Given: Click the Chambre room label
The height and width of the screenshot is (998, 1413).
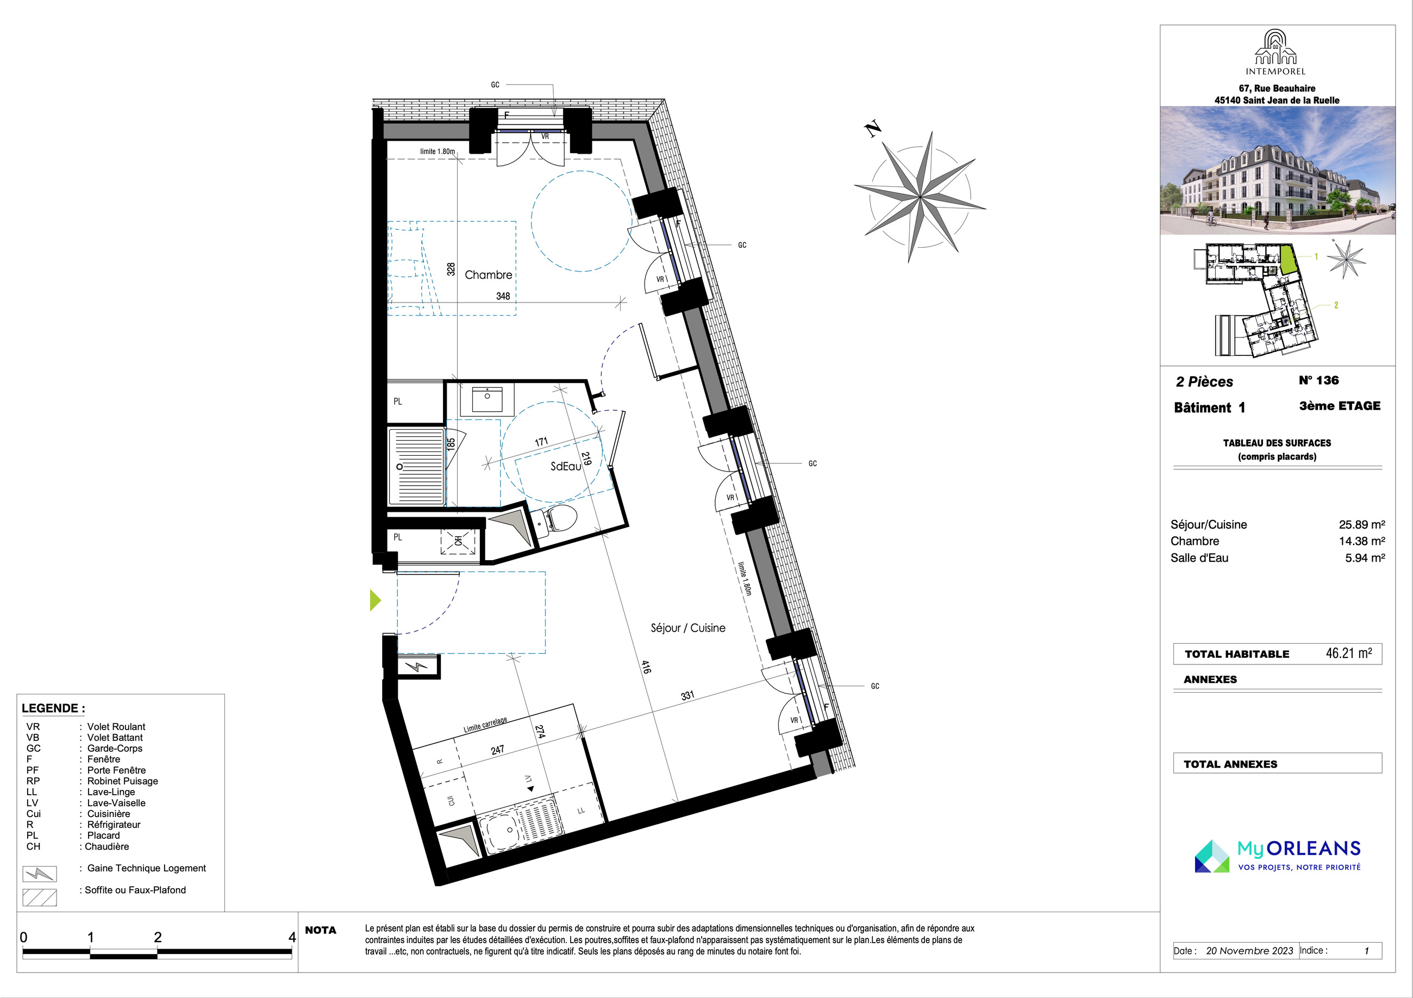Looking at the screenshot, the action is pyautogui.click(x=488, y=275).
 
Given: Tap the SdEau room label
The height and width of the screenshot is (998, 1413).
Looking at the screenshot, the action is pyautogui.click(x=566, y=466).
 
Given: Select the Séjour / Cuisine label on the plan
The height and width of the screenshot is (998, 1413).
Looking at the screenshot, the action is pyautogui.click(x=688, y=628).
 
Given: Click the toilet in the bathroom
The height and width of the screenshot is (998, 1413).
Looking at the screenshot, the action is pyautogui.click(x=557, y=519).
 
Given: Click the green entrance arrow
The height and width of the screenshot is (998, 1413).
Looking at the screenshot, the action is pyautogui.click(x=375, y=600).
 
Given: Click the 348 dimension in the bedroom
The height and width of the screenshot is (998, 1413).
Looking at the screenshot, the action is pyautogui.click(x=503, y=296).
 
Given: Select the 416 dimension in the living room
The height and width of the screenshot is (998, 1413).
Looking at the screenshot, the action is pyautogui.click(x=646, y=667).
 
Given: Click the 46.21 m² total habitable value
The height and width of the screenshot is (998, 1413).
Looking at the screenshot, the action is pyautogui.click(x=1348, y=653).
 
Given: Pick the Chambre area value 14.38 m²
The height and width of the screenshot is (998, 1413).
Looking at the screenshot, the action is pyautogui.click(x=1362, y=541).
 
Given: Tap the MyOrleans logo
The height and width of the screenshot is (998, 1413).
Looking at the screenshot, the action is pyautogui.click(x=1278, y=856).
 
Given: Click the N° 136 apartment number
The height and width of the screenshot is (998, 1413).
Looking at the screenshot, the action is pyautogui.click(x=1319, y=380).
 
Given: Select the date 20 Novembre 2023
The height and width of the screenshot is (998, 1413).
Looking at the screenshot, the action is pyautogui.click(x=1249, y=951).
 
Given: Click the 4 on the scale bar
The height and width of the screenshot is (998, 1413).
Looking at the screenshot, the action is pyautogui.click(x=292, y=937).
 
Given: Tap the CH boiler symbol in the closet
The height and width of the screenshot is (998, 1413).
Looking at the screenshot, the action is pyautogui.click(x=459, y=541).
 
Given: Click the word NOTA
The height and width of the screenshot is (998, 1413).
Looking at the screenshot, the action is pyautogui.click(x=321, y=930).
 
